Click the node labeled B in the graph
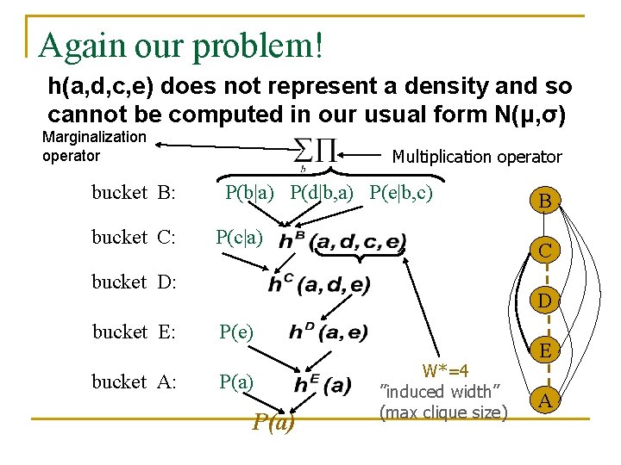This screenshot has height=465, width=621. tap(545, 201)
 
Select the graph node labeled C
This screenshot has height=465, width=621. tap(545, 251)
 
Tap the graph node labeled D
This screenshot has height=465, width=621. tap(545, 301)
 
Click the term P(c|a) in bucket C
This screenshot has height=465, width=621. tap(240, 237)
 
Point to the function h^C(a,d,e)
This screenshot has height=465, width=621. tap(319, 283)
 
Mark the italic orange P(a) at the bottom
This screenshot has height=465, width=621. tap(273, 422)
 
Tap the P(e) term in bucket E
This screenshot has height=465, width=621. tap(236, 332)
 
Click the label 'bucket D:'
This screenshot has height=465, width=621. tap(134, 282)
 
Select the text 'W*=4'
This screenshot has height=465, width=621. tap(445, 371)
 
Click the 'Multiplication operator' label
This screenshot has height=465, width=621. tap(476, 157)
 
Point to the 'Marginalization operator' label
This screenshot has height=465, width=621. tap(94, 146)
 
